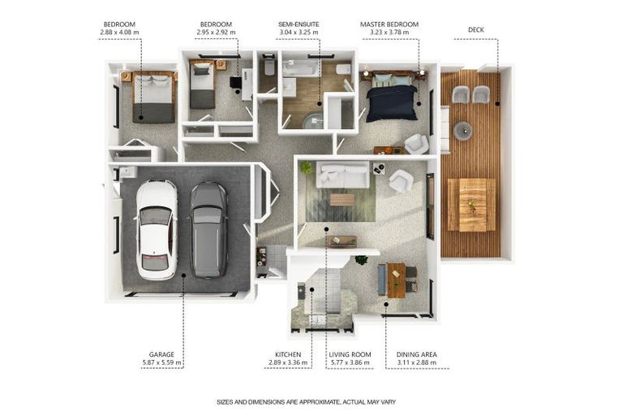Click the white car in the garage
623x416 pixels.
(x=156, y=230)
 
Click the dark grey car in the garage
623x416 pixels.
(x=208, y=230)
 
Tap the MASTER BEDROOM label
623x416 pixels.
(x=389, y=25)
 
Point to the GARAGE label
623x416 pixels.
(x=161, y=354)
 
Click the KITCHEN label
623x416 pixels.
(x=288, y=354)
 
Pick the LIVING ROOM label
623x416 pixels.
(x=349, y=354)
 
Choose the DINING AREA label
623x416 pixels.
(x=417, y=354)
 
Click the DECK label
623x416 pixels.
(x=477, y=29)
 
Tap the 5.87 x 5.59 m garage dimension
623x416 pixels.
(x=161, y=363)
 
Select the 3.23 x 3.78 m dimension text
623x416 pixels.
(x=389, y=34)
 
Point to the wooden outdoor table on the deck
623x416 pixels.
(x=471, y=205)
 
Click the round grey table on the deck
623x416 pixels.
(x=462, y=129)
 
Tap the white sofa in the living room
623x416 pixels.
(x=342, y=175)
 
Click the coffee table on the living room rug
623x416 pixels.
(x=342, y=199)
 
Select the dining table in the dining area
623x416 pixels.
(x=396, y=279)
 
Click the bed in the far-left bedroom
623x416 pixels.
(x=153, y=97)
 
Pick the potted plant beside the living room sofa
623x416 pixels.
(x=306, y=167)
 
